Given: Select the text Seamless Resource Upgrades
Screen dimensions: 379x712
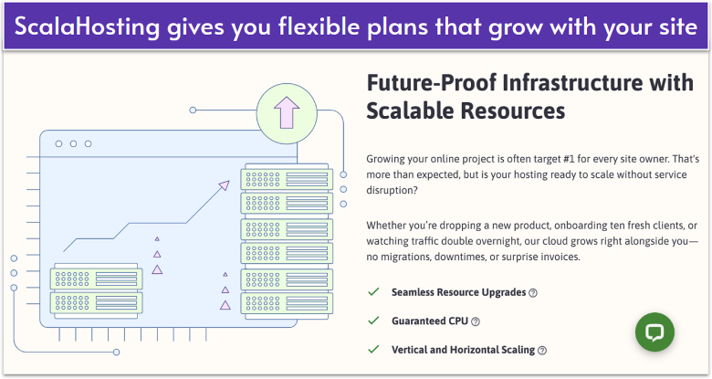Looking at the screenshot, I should tap(458, 293).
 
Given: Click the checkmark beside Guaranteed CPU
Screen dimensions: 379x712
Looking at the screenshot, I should tap(372, 321).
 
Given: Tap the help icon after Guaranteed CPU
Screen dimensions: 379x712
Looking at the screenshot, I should tap(476, 321).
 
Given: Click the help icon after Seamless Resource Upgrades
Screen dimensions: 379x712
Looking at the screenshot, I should tap(533, 293).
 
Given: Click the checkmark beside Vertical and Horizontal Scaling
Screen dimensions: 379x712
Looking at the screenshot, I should tap(372, 350).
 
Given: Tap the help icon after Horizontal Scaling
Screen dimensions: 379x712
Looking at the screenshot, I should tap(542, 350).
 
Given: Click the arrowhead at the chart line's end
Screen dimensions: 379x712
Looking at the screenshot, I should tap(223, 185).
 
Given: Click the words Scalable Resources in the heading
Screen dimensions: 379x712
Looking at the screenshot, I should tap(466, 111).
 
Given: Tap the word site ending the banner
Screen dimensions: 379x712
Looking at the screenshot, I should tap(672, 26).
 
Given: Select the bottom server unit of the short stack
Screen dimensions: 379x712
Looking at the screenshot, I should tap(96, 300).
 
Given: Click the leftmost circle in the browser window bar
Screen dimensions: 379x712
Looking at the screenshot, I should tap(59, 143).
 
